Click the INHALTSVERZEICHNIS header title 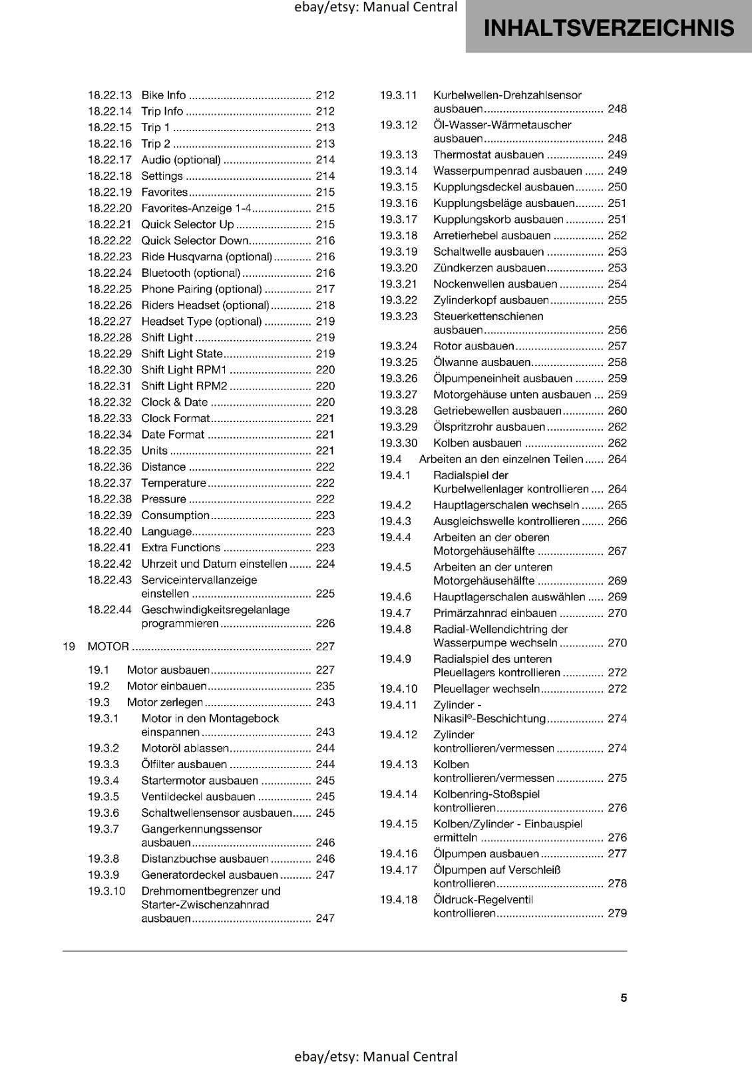[x=608, y=28]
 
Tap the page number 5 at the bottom [x=624, y=998]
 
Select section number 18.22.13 [x=110, y=95]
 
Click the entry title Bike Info [x=164, y=95]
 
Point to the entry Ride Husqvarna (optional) [x=206, y=257]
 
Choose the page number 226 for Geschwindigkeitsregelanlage [x=325, y=624]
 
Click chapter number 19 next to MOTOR [x=69, y=646]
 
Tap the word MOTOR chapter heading [x=108, y=646]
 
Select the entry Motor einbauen [x=167, y=686]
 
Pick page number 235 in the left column [x=325, y=686]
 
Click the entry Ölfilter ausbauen [x=184, y=765]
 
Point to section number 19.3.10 [x=106, y=891]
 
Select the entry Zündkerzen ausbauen [x=489, y=268]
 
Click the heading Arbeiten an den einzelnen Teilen [x=500, y=459]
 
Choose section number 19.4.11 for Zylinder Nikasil [x=398, y=706]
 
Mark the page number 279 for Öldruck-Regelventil [x=617, y=914]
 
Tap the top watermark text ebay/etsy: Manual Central [x=376, y=7]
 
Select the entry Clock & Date [x=174, y=402]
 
